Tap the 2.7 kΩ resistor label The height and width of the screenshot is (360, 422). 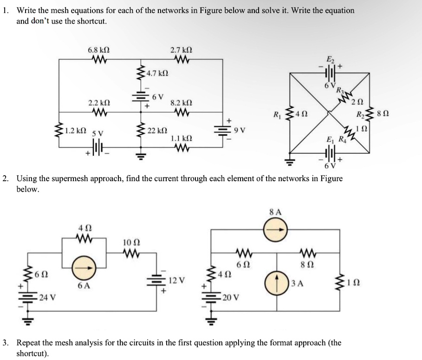pyautogui.click(x=181, y=50)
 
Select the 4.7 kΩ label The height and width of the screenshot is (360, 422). pyautogui.click(x=157, y=73)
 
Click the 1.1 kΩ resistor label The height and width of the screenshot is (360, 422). pyautogui.click(x=181, y=138)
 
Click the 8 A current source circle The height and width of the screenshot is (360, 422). pyautogui.click(x=276, y=228)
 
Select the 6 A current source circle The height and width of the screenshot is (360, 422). pyautogui.click(x=84, y=269)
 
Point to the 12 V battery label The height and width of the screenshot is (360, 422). pyautogui.click(x=176, y=280)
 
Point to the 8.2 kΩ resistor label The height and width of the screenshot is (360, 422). pyautogui.click(x=181, y=102)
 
